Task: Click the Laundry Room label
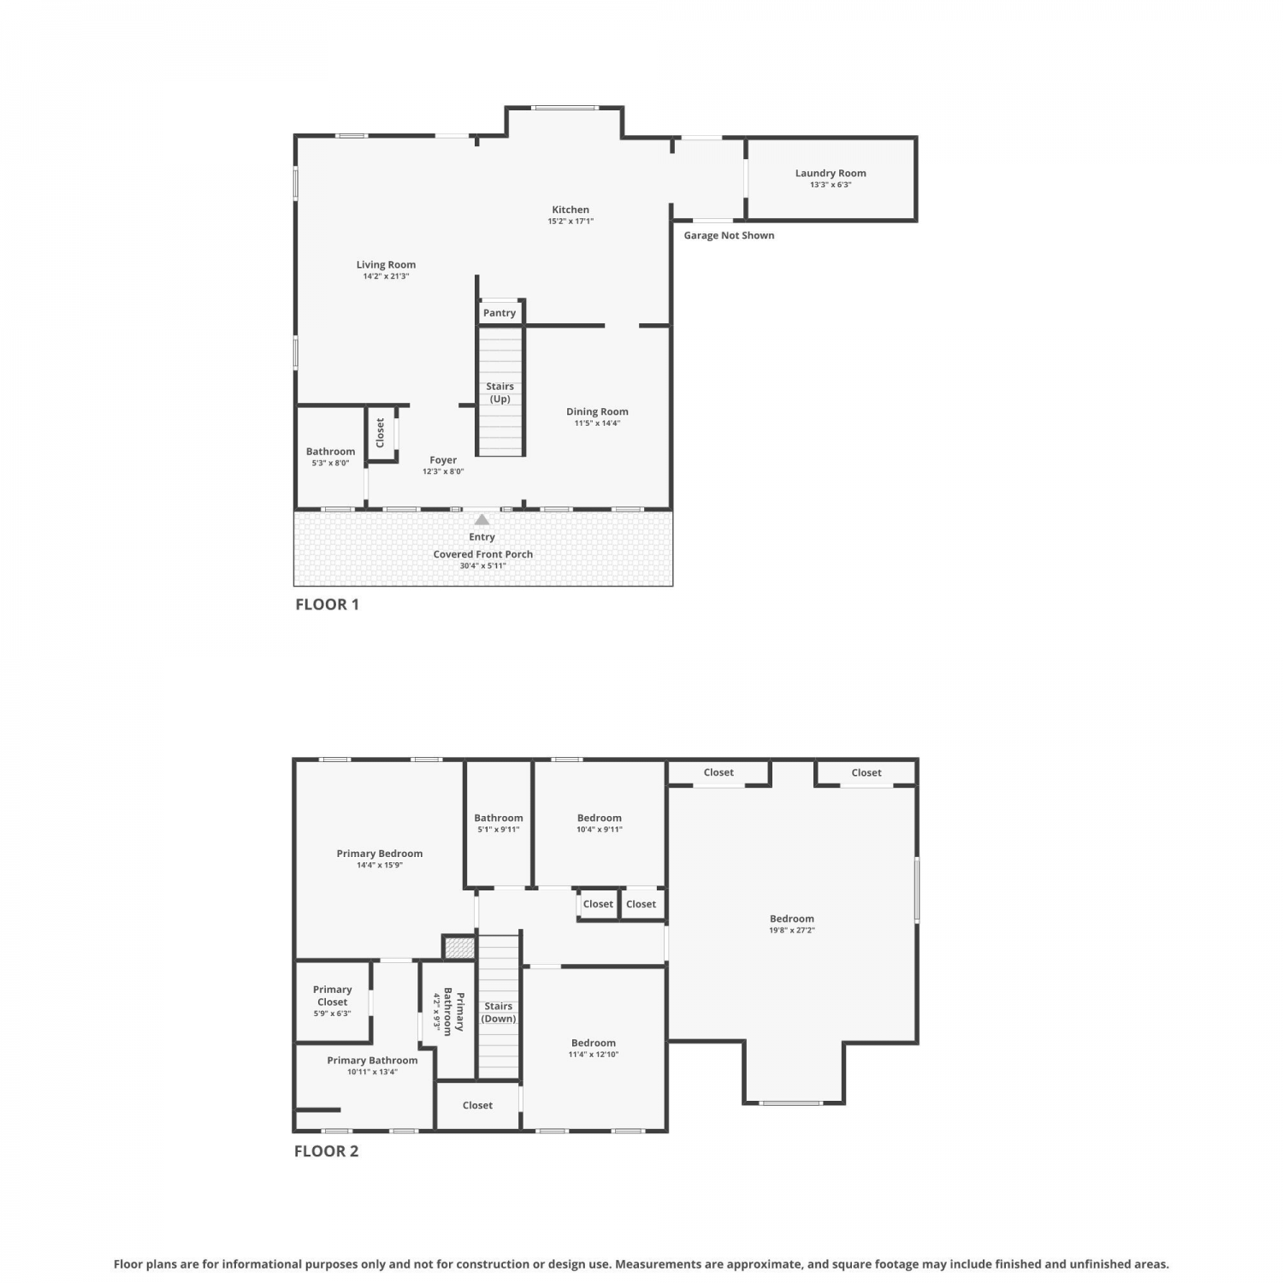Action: (831, 173)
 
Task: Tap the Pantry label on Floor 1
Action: (500, 313)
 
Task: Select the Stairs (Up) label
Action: (500, 393)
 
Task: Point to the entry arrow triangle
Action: (482, 519)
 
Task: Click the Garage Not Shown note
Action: (729, 235)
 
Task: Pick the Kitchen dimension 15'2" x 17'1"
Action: (571, 222)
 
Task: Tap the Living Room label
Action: (386, 265)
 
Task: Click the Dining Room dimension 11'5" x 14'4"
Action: (597, 423)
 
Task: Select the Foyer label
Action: (443, 460)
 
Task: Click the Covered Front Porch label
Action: (483, 554)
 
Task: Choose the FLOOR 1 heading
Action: (328, 605)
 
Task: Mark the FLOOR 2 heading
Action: (327, 1151)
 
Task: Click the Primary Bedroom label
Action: (380, 854)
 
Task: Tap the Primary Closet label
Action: (333, 996)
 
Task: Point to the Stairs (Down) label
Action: (499, 1013)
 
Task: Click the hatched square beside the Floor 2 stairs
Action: (459, 947)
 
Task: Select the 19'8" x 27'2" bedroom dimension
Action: (792, 930)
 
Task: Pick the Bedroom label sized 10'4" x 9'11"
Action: (600, 818)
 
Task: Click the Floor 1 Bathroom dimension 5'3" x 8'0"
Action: (330, 463)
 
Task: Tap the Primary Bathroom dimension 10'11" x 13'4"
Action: (372, 1072)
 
